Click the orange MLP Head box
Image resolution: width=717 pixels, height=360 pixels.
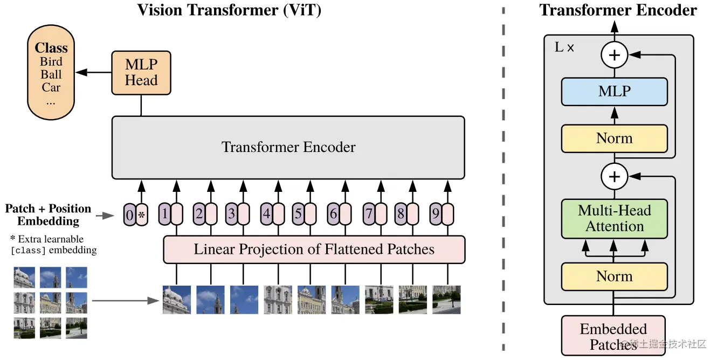[x=141, y=73]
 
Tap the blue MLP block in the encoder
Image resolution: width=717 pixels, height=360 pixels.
[x=615, y=92]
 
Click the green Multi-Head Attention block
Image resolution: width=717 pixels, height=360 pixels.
[x=615, y=218]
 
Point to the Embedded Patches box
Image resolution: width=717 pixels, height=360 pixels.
[x=613, y=336]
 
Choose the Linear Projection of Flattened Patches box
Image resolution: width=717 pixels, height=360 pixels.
[x=314, y=250]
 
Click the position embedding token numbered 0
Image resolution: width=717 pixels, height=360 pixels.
[x=129, y=215]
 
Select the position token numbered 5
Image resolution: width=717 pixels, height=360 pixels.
[x=298, y=214]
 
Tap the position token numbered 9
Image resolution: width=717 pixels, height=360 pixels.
[x=436, y=214]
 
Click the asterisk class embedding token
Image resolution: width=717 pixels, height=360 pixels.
[x=142, y=215]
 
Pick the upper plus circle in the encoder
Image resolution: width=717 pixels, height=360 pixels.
[x=615, y=55]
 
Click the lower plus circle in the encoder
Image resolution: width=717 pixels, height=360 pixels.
[x=615, y=177]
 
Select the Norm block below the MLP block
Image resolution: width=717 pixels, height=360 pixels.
[x=615, y=139]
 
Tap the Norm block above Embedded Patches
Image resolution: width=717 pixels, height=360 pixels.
[x=615, y=276]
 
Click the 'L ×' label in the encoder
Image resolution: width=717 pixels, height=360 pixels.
[x=564, y=47]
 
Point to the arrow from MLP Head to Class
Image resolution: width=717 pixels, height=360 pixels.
[x=93, y=72]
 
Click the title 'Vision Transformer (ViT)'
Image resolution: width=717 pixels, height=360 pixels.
[x=229, y=10]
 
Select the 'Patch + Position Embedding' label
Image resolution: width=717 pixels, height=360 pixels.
[x=48, y=214]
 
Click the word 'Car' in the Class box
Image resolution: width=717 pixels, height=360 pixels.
[x=51, y=87]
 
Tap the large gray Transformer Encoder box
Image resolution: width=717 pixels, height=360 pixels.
[x=288, y=147]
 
